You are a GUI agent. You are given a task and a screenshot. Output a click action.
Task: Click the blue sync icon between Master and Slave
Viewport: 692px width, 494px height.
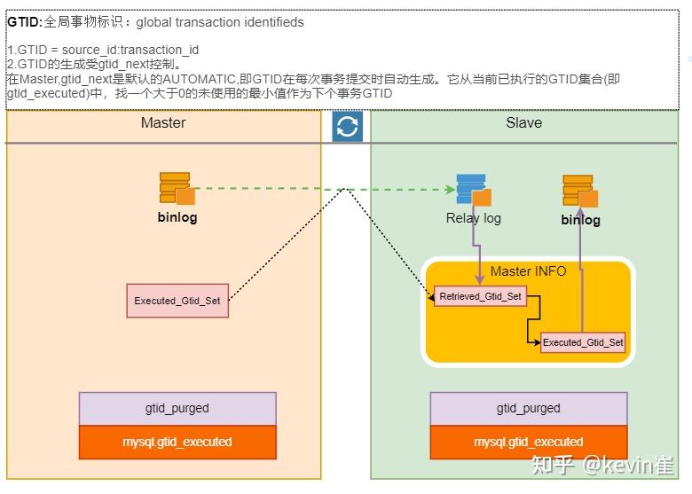[347, 127]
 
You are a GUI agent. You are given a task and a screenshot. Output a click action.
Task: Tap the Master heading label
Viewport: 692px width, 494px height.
[163, 122]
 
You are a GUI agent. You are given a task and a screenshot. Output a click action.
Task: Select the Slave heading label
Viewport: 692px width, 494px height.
[523, 122]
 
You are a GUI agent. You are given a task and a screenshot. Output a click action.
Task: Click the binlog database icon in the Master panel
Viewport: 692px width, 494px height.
[177, 189]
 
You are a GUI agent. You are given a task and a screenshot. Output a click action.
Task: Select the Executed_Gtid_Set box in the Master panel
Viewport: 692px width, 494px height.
[177, 301]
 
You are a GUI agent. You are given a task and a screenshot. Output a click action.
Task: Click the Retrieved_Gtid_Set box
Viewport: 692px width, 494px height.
[481, 296]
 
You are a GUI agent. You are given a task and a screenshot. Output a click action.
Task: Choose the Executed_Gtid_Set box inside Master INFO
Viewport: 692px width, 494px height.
[583, 342]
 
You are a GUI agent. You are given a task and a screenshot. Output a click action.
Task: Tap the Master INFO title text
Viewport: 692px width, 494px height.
[528, 271]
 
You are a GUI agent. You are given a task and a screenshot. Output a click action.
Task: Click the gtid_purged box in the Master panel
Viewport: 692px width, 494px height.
[177, 408]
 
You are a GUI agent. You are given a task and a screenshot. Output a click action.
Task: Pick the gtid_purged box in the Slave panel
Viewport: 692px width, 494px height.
[529, 408]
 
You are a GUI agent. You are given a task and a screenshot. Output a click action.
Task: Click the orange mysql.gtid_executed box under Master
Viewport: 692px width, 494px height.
[177, 442]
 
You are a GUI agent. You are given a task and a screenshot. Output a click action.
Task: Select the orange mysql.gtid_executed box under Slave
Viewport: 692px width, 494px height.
[529, 442]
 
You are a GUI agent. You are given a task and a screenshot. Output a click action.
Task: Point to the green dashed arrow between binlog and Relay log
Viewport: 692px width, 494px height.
[319, 189]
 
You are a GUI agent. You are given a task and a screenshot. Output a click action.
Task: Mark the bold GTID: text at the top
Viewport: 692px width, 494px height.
[24, 22]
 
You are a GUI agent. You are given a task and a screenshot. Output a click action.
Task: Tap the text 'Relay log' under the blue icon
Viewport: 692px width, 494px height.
[473, 218]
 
